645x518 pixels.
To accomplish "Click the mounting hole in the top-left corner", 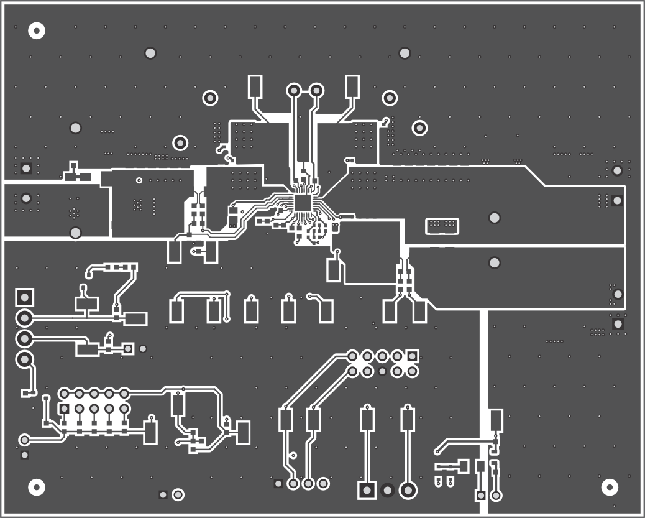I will coord(37,30).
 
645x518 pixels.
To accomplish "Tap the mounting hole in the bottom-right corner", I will coord(610,487).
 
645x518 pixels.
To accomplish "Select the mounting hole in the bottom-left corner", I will coord(37,487).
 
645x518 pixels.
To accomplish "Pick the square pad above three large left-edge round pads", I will coord(24,297).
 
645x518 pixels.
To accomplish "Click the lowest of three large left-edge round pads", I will coord(24,359).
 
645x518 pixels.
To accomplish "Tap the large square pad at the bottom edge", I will coord(367,490).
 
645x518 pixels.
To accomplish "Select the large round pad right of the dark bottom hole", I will coord(408,490).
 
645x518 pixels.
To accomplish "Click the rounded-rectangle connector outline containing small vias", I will coord(442,226).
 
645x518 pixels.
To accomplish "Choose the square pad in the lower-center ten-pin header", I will coord(412,356).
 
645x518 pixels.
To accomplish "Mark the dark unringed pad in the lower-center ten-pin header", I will coord(382,371).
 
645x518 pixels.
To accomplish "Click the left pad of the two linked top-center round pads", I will coord(293,91).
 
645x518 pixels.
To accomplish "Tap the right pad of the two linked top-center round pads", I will coord(316,91).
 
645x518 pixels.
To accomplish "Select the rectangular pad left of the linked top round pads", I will coord(255,86).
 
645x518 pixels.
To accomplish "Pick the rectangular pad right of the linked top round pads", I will coord(352,86).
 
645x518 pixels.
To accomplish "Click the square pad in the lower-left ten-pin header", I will coord(64,408).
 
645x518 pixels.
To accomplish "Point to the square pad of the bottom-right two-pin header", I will coord(481,496).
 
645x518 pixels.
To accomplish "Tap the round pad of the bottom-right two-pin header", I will coord(496,496).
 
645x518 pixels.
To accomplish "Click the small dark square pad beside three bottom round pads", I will coord(278,483).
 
